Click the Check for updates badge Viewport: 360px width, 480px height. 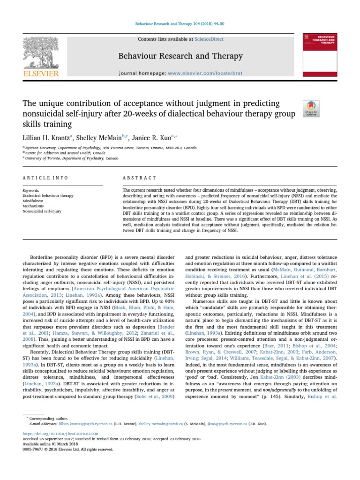click(x=311, y=108)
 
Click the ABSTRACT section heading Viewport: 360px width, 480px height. click(x=139, y=178)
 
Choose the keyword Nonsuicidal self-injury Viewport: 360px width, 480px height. click(x=42, y=211)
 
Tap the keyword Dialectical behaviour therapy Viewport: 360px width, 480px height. click(x=48, y=195)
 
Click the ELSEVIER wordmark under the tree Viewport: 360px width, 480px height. click(x=41, y=74)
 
